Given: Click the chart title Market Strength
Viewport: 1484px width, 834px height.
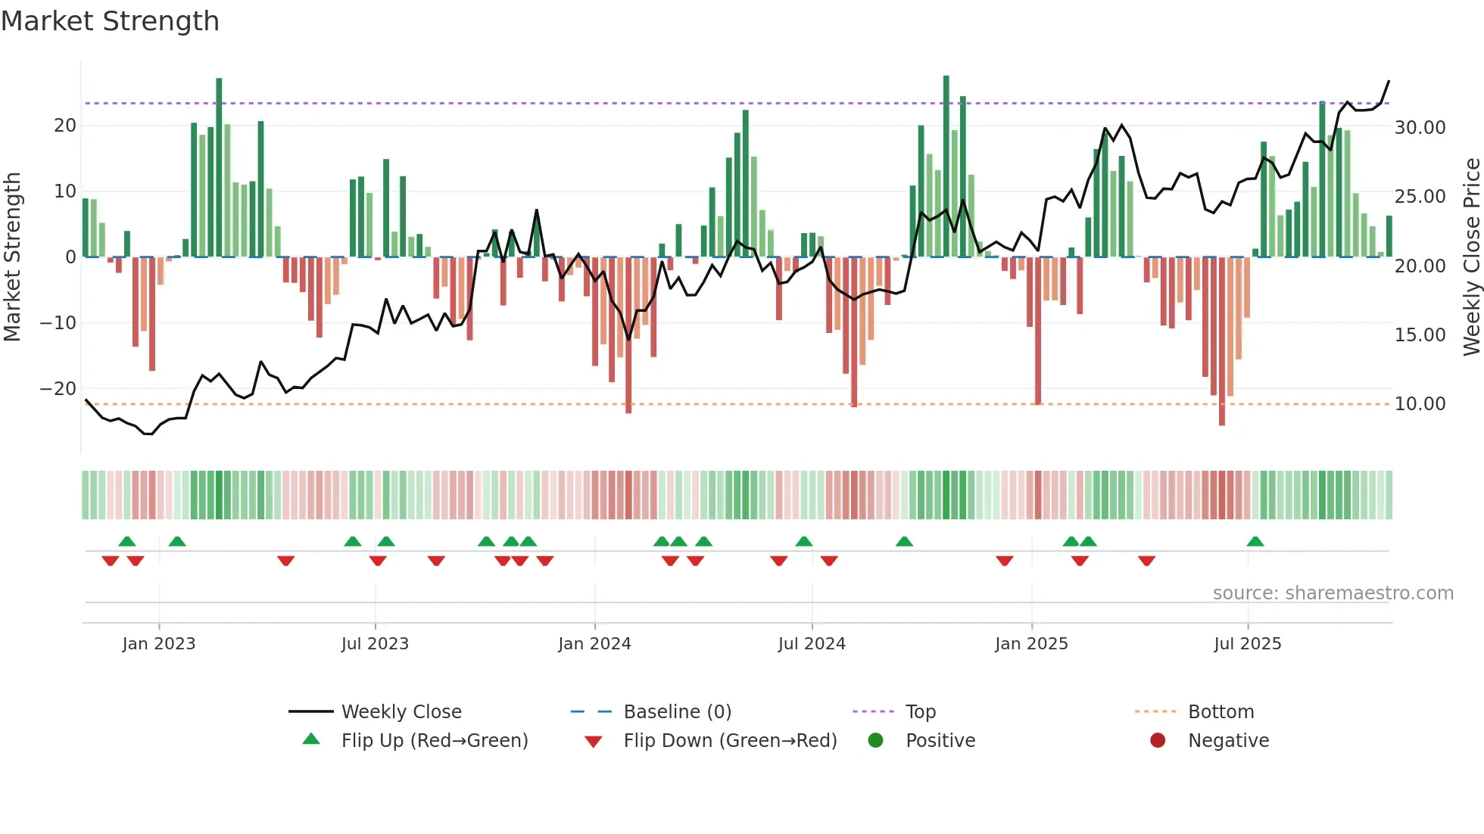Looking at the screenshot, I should click(110, 21).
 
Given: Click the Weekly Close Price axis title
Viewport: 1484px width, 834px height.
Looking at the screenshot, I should click(1471, 257).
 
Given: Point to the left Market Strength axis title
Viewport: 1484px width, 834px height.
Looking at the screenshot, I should click(12, 257).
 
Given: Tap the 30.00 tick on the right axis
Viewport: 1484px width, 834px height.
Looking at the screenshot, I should click(1420, 127).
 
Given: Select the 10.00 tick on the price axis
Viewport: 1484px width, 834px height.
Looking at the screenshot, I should click(1420, 403).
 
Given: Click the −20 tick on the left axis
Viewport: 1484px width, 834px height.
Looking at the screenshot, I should click(58, 388).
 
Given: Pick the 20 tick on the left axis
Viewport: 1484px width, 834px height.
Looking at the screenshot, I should click(65, 126).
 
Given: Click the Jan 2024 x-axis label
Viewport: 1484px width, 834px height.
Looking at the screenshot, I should click(594, 643).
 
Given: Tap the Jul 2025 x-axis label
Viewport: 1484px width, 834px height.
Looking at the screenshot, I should click(1247, 643).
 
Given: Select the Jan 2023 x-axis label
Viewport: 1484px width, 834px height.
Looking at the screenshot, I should click(158, 643).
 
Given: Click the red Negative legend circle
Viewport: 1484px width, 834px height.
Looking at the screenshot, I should click(1158, 740).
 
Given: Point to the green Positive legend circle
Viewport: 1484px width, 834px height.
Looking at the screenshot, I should click(875, 740).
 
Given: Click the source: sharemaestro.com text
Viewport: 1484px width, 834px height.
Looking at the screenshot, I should click(1333, 593).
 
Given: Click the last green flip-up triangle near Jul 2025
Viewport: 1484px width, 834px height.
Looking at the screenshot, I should click(1255, 541).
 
